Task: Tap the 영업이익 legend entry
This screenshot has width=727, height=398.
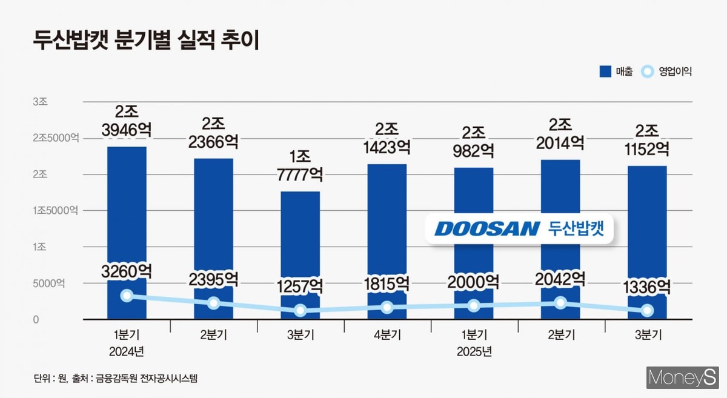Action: coord(666,71)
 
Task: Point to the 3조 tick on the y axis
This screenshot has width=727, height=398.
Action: coord(40,102)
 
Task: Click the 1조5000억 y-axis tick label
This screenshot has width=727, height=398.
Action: coord(56,211)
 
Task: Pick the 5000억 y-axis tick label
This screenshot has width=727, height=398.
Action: coord(48,284)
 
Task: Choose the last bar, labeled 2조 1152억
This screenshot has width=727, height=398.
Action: coord(647,230)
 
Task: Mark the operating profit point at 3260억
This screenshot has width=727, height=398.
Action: coord(127,296)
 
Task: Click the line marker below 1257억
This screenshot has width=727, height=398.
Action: coord(300,311)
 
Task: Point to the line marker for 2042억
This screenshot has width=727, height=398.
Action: coord(561,303)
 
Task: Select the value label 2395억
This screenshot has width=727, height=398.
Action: coord(213,280)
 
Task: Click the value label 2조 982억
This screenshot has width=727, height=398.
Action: coord(473,141)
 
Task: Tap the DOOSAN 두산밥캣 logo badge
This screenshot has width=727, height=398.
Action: coord(519,228)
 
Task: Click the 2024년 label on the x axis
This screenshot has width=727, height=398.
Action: coord(127,352)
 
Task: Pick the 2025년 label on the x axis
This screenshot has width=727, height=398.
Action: coord(474,352)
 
